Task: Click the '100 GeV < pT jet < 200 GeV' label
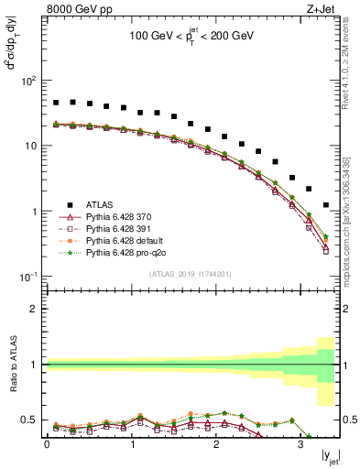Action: point(191,38)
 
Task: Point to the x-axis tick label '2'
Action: point(215,445)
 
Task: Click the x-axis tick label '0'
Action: point(47,445)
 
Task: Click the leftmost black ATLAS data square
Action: point(56,103)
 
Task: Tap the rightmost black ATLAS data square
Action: point(326,205)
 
